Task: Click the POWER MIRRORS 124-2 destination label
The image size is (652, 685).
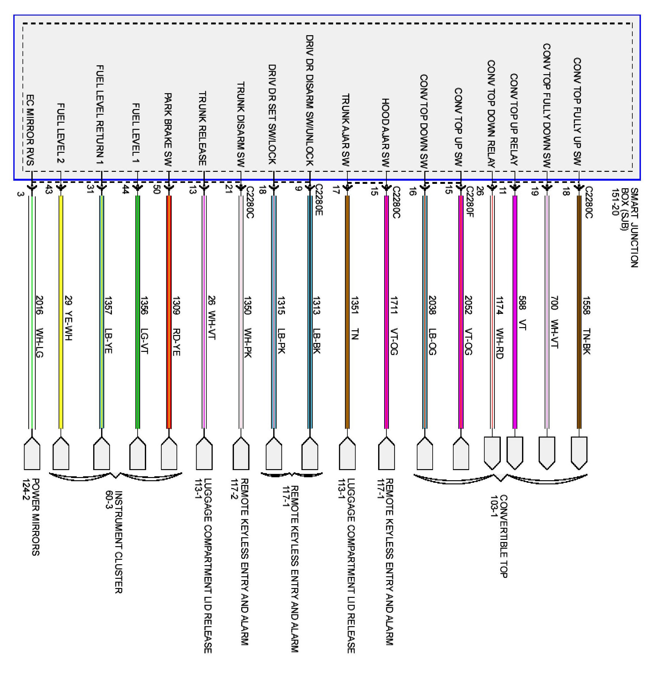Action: (31, 517)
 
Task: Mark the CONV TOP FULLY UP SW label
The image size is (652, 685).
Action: (577, 111)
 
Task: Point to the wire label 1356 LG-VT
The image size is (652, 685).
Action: (144, 325)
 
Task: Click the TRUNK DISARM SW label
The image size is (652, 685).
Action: (241, 125)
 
